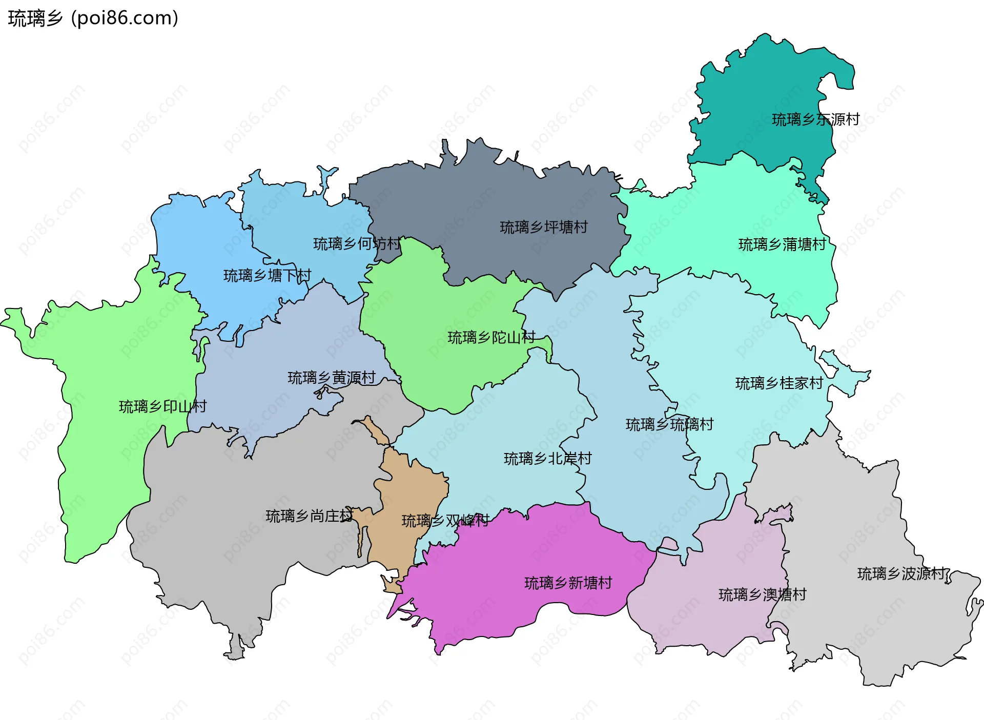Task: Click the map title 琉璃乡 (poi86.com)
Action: [x=93, y=18]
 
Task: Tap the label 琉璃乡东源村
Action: [x=815, y=120]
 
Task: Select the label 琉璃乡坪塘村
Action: [x=544, y=227]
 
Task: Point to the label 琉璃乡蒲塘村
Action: [x=782, y=245]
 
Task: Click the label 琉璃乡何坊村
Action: [x=357, y=244]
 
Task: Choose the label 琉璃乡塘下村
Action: [x=267, y=276]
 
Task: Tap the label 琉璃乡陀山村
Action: [x=491, y=338]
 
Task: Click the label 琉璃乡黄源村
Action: [x=332, y=378]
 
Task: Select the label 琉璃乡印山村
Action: [x=162, y=407]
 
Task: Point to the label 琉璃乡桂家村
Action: [x=779, y=383]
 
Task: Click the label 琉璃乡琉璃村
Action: [x=669, y=425]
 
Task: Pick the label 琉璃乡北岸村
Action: [x=547, y=459]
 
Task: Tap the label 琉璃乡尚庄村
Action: [x=309, y=516]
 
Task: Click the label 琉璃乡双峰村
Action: [x=445, y=521]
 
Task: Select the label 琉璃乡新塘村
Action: [x=568, y=583]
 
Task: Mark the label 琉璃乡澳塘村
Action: [x=762, y=595]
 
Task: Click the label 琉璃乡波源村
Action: [x=901, y=574]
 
